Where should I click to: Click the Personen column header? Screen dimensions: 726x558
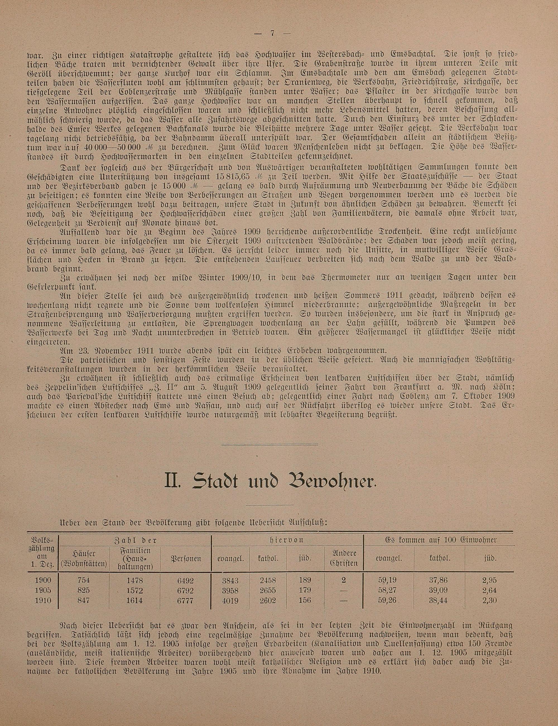pos(186,559)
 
